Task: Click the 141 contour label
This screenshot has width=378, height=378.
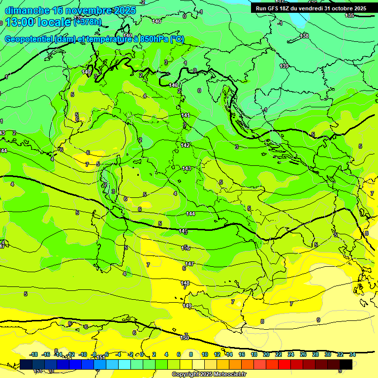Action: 186,115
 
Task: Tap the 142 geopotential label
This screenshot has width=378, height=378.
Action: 186,145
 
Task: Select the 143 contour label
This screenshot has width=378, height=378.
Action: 187,169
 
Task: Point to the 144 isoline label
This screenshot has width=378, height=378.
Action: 190,214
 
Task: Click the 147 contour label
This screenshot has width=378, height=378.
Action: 189,264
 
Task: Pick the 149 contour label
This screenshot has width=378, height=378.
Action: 187,306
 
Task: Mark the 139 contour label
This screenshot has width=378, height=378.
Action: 284,66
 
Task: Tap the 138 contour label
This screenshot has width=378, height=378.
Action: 305,36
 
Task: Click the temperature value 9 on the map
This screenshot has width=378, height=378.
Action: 318,320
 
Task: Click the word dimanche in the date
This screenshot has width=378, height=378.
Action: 27,10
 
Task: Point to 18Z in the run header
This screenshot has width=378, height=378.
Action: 286,8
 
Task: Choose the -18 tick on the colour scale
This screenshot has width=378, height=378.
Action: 33,354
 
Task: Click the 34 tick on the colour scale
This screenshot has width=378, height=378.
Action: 352,354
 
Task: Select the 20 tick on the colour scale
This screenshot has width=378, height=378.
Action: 266,354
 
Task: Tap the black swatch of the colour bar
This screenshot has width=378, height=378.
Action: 346,364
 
